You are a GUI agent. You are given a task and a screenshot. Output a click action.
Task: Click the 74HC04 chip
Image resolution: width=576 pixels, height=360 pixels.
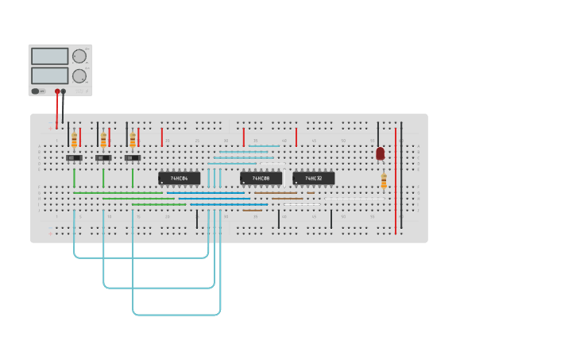coord(179,178)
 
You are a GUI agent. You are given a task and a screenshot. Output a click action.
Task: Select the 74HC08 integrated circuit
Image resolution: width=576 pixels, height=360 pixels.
coord(261,178)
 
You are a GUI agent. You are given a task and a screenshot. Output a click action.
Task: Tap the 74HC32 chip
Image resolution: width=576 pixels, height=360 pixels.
coord(313,178)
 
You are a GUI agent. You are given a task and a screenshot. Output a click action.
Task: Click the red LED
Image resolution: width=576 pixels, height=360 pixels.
coord(381,153)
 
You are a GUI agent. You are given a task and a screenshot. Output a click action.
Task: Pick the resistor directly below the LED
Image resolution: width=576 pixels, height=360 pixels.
coord(384,182)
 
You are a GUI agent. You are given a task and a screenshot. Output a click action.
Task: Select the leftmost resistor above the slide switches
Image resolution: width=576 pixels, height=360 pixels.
coord(74,140)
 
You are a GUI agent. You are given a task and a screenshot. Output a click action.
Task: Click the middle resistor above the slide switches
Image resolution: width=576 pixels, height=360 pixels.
coord(103,140)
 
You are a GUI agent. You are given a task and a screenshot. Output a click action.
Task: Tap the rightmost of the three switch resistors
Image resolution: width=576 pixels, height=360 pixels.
coord(133,140)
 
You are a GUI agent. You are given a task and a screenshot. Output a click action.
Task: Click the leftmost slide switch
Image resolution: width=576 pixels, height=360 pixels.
coord(74,158)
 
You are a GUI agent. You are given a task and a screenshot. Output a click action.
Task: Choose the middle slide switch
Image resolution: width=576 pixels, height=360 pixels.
coord(103,158)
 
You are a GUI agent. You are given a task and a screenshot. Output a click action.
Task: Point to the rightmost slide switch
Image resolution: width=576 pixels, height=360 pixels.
coord(133,158)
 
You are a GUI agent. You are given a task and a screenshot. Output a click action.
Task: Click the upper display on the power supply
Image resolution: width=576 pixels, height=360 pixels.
coord(49,57)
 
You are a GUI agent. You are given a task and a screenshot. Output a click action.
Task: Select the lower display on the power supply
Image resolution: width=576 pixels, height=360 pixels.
coord(49,75)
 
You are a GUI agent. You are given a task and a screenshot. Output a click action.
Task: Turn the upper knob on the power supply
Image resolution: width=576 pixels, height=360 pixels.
coord(79,56)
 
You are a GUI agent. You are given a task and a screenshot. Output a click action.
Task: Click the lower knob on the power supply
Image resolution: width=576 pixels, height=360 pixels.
coord(79,76)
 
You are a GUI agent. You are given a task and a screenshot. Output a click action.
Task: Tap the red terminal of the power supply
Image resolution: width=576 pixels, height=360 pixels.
coord(57,91)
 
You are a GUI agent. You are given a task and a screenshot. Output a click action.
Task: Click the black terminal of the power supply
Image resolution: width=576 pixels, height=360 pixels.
coord(64,91)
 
